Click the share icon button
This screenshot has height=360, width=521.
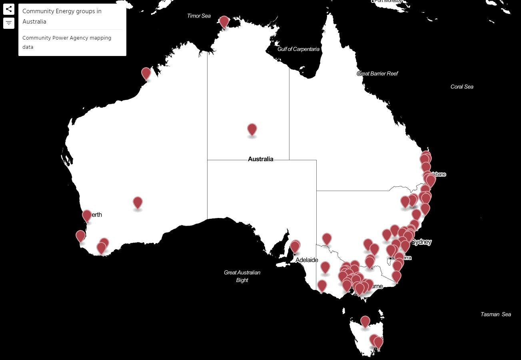coord(9,9)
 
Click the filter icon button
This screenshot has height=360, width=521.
coord(9,23)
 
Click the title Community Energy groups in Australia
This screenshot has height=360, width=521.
coord(62,16)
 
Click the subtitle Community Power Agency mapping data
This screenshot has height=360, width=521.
coord(67,42)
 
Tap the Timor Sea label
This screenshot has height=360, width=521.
coord(199,16)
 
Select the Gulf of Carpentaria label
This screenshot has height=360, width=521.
coord(298,49)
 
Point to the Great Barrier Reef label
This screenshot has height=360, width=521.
coord(377,74)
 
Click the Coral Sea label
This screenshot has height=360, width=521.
coord(462,87)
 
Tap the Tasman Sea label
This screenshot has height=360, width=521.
coord(495,314)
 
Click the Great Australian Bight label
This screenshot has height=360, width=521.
coord(242,276)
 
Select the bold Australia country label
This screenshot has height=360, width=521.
coord(261,159)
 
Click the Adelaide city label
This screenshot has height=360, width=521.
coord(307,260)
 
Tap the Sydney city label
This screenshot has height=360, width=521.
coord(422,242)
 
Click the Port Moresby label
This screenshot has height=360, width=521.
coord(388,1)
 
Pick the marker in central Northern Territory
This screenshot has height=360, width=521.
coord(252,129)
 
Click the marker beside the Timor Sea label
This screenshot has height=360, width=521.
coord(224,22)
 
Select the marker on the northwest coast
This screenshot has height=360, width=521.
coord(146,73)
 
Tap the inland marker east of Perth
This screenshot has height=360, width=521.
coord(138,202)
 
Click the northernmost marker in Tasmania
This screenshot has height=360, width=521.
coord(365,321)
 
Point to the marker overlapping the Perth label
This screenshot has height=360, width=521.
coord(87,216)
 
